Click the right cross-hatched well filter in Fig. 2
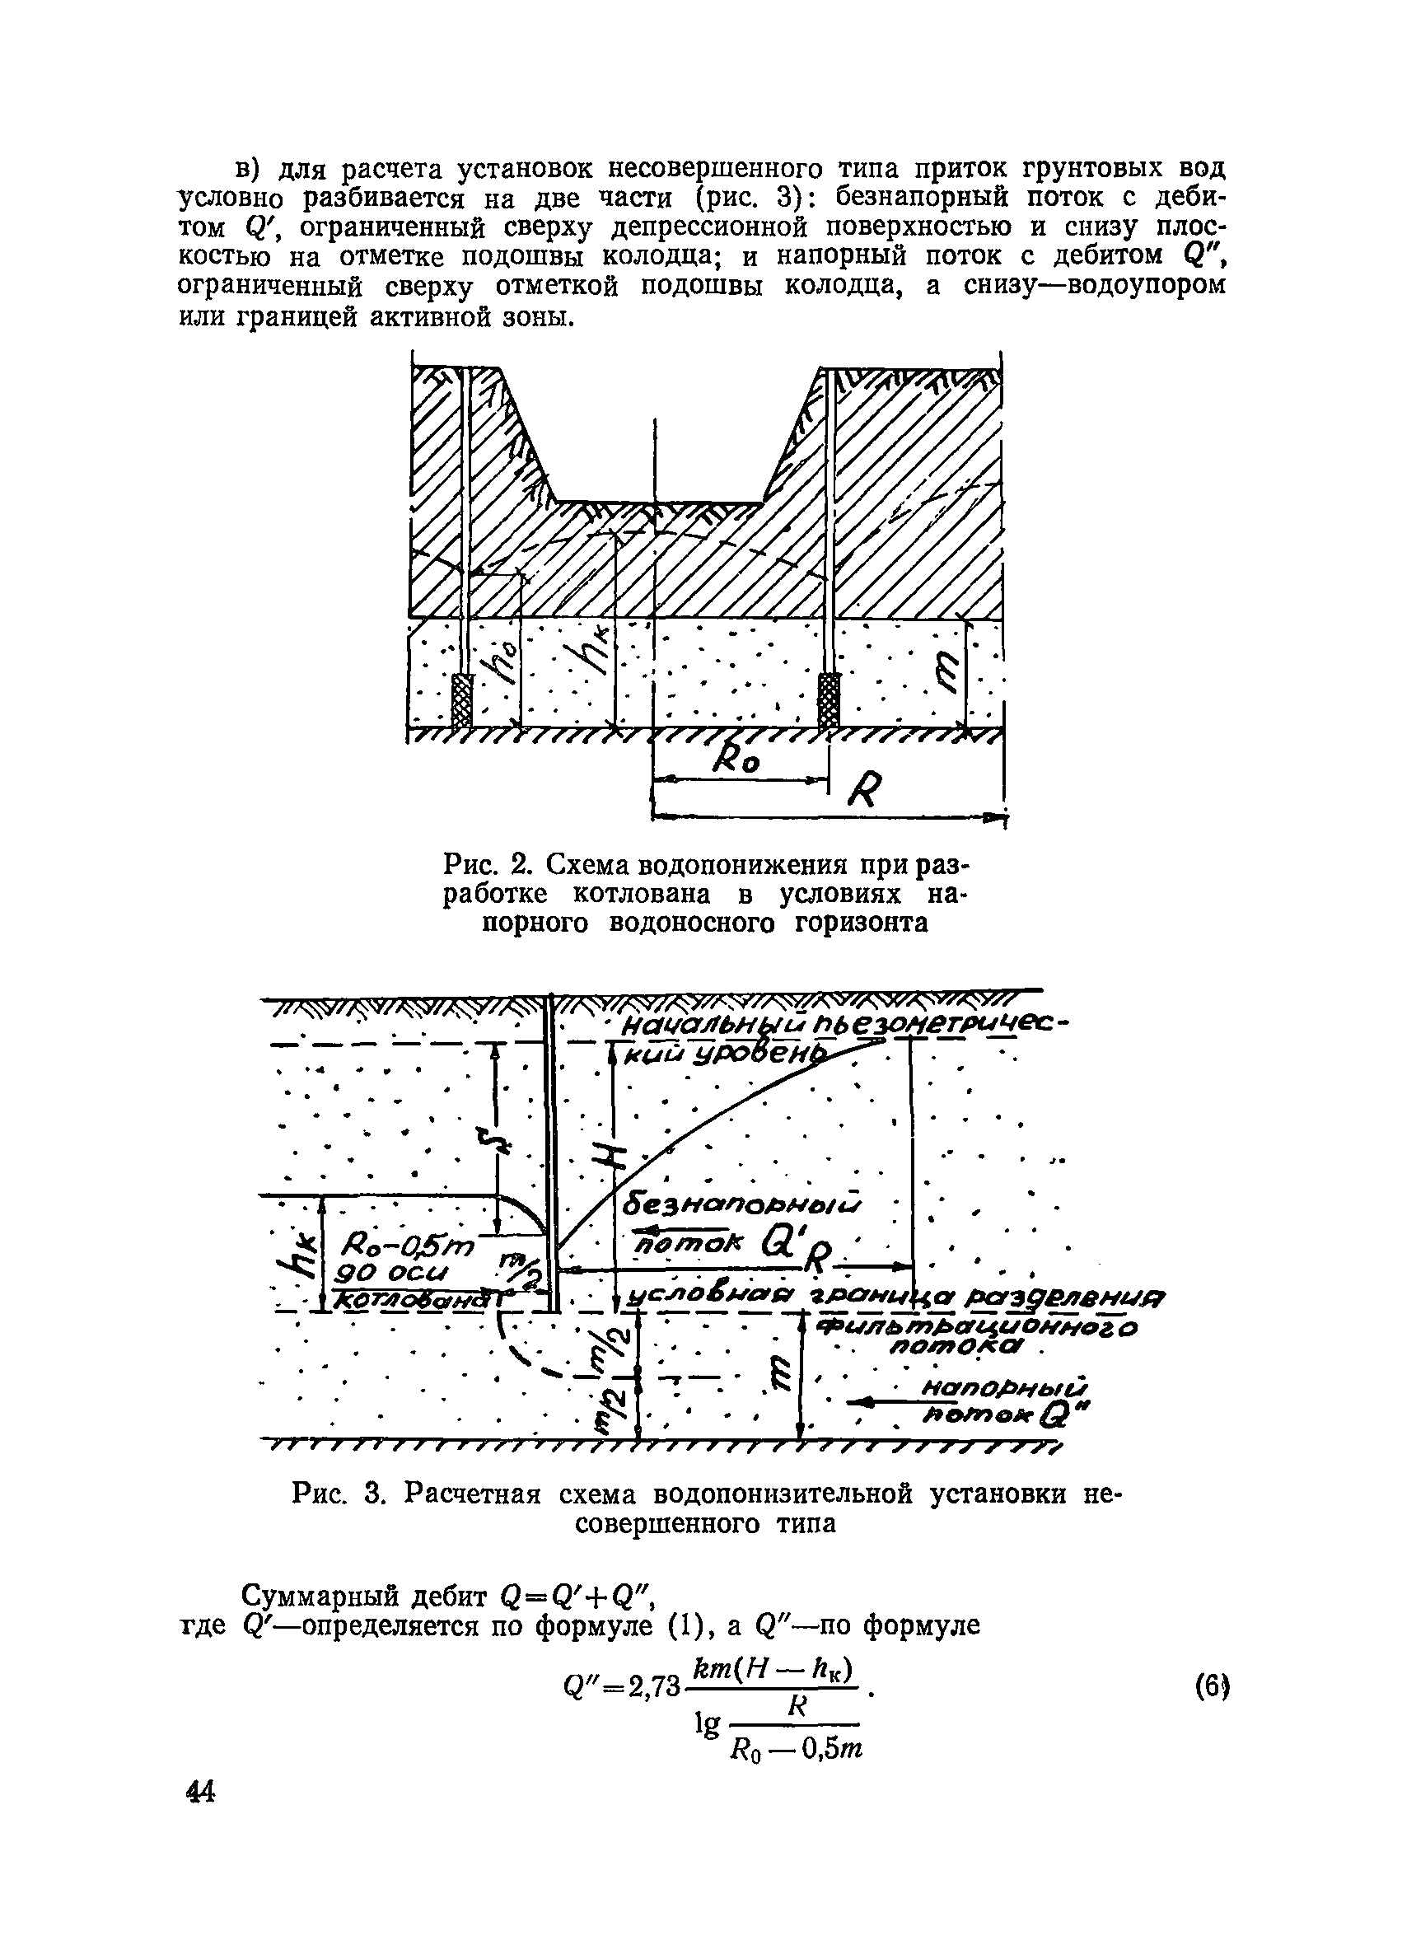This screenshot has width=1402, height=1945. [x=829, y=699]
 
